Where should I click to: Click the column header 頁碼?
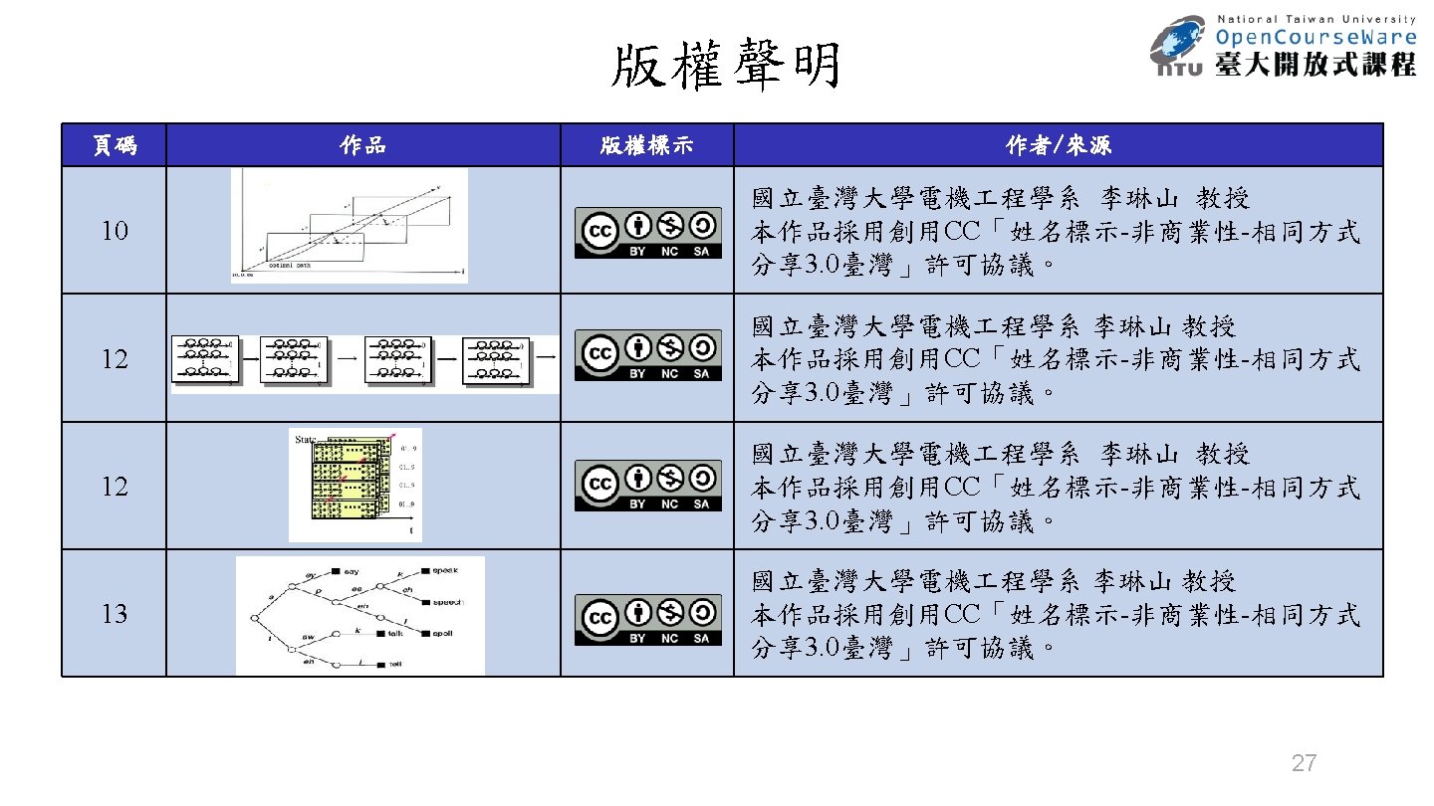pos(114,145)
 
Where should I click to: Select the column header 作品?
pos(362,145)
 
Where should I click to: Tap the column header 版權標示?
pos(646,145)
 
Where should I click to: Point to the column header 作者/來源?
pos(1058,145)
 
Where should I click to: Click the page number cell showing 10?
pos(114,231)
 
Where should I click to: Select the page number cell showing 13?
pos(114,614)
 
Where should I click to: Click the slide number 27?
pos(1304,764)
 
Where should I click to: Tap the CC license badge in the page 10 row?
pos(647,233)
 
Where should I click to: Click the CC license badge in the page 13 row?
pos(647,620)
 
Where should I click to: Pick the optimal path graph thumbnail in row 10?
pos(350,226)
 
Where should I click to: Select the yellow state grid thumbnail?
pos(355,486)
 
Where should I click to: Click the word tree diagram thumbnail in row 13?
pos(359,615)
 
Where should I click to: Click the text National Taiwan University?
pos(1316,18)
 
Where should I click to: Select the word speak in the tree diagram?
pos(444,570)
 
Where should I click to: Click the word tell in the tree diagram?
pos(395,664)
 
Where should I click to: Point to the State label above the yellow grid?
pos(306,438)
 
